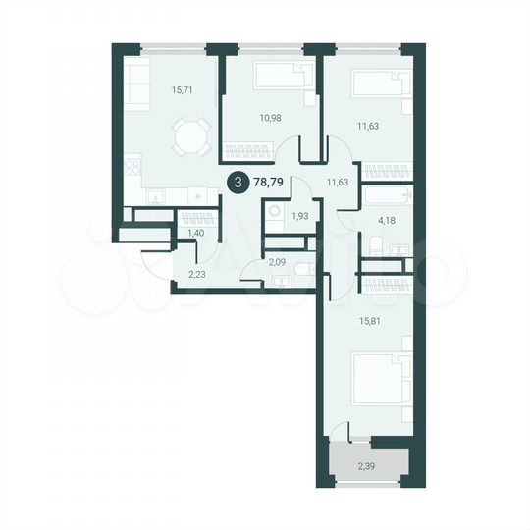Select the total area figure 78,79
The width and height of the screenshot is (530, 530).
[270, 182]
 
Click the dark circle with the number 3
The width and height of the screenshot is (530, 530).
[237, 182]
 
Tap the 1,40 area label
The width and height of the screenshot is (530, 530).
[194, 233]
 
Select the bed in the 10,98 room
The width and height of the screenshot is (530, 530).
[284, 78]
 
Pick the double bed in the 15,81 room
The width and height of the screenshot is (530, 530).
[376, 378]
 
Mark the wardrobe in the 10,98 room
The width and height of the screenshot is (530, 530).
[246, 151]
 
